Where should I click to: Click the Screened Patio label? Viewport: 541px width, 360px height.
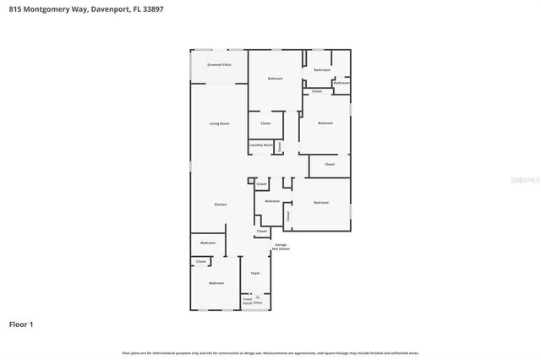click(219, 64)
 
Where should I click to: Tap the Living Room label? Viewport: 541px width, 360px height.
click(219, 123)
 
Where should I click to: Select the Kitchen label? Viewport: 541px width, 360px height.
click(220, 205)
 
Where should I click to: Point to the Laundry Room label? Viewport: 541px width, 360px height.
click(260, 145)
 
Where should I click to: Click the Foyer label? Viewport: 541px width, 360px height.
click(255, 273)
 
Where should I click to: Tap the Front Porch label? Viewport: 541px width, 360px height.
click(248, 300)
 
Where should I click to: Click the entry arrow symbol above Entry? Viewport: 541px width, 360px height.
click(258, 296)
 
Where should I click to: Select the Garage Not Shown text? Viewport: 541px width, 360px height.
click(281, 247)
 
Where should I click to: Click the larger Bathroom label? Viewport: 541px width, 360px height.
click(321, 69)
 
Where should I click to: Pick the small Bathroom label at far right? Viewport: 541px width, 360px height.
click(342, 83)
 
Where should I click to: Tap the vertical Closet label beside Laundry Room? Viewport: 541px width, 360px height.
click(279, 146)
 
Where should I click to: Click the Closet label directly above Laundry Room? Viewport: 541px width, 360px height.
click(265, 123)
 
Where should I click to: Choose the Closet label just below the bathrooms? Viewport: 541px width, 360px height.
click(317, 91)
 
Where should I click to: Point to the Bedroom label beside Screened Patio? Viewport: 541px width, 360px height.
click(275, 79)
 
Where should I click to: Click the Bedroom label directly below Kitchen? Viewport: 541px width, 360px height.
click(208, 243)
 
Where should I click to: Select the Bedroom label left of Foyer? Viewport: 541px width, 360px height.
click(216, 283)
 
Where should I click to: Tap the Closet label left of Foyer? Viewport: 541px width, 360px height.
click(201, 262)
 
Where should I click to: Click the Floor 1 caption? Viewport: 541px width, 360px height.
click(21, 324)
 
